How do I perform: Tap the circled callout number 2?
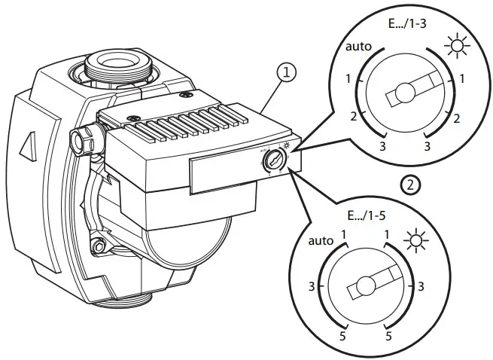pos(411,183)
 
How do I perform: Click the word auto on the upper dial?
pos(359,46)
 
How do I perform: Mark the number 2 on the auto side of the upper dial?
pos(354,117)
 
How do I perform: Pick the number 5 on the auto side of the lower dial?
pos(342,335)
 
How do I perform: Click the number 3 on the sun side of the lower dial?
pos(419,286)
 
